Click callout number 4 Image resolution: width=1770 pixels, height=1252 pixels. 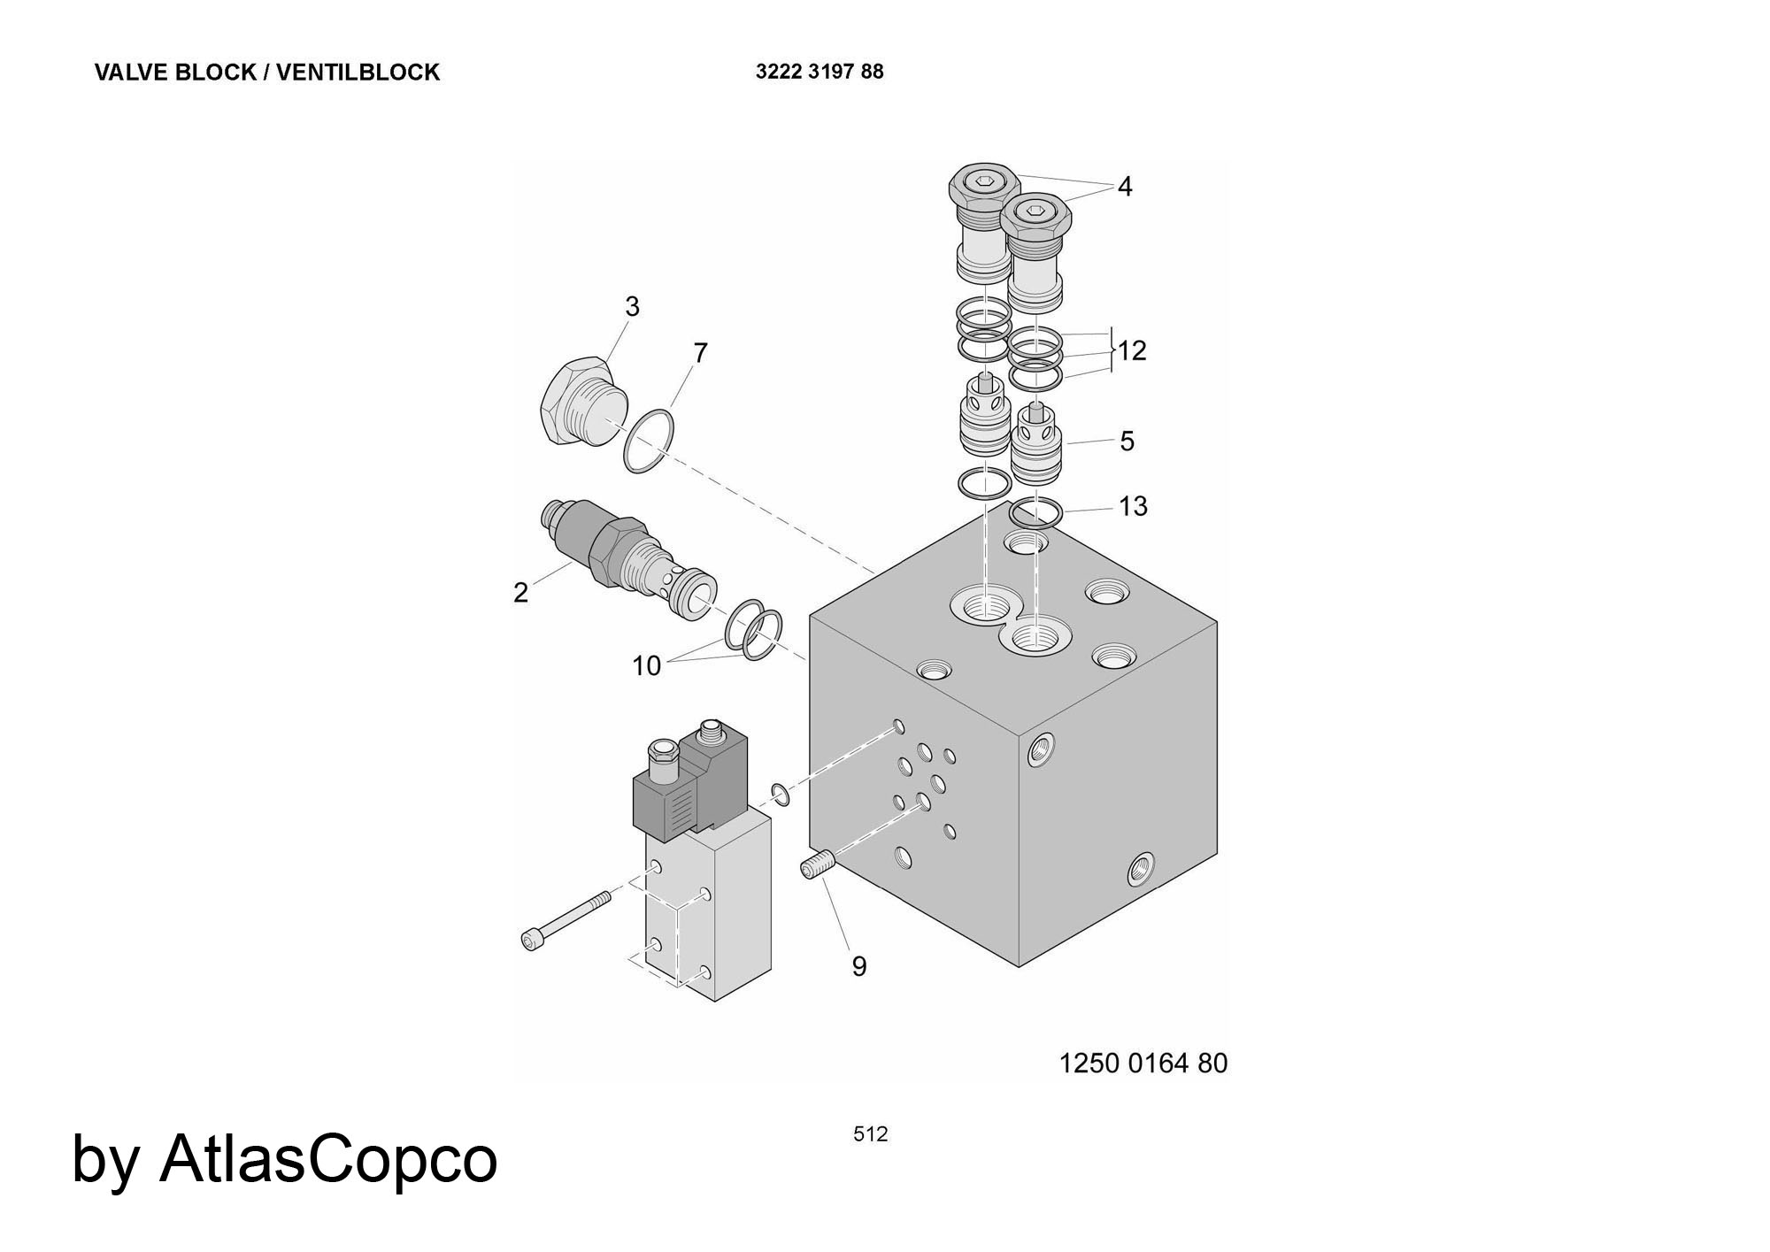[x=1125, y=187]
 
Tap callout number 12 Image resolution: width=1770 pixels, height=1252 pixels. [x=1132, y=351]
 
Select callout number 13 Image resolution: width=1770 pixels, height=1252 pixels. [x=1133, y=506]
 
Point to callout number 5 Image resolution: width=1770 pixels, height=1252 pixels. [x=1127, y=441]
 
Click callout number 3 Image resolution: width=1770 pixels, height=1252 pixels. [x=632, y=306]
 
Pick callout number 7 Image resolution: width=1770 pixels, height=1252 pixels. [x=701, y=353]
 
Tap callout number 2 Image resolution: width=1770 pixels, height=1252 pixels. [x=520, y=592]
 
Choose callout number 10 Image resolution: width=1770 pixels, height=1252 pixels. [x=647, y=665]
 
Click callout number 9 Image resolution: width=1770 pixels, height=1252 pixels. [x=859, y=966]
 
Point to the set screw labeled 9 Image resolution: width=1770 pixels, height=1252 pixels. [x=818, y=863]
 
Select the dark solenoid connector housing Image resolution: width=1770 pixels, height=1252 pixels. [x=691, y=778]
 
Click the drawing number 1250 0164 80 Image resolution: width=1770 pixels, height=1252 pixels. [x=1143, y=1063]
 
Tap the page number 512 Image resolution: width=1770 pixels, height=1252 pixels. [x=871, y=1134]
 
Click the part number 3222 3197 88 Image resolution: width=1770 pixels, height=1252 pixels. [x=820, y=72]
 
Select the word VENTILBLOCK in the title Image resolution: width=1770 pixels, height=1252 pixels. [x=358, y=73]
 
